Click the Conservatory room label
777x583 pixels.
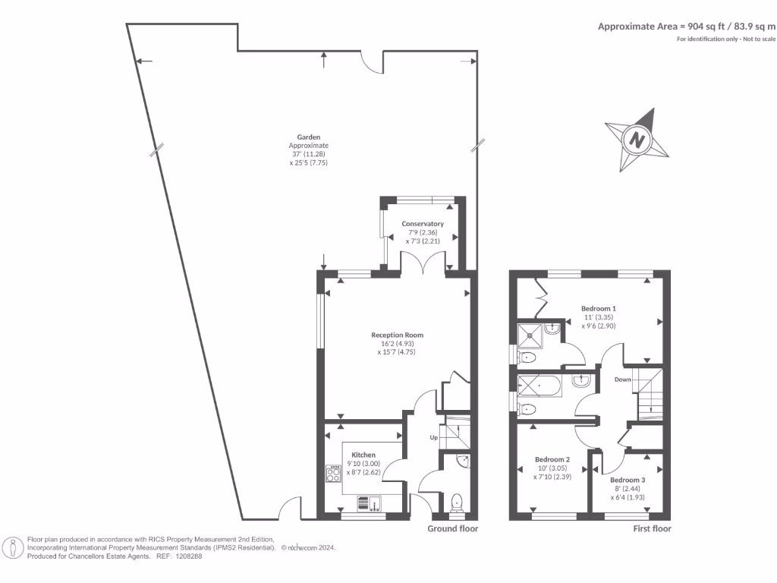(x=423, y=224)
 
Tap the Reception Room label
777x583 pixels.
(x=397, y=335)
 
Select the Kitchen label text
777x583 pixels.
(x=363, y=455)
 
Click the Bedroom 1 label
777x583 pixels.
(x=599, y=308)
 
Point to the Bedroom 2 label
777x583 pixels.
(x=552, y=459)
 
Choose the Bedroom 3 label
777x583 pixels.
(x=628, y=480)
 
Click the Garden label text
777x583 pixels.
(x=308, y=137)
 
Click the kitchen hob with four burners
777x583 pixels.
(x=333, y=474)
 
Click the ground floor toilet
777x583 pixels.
(x=456, y=502)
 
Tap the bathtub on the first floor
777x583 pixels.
(x=539, y=386)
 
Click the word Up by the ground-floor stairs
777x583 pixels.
(x=434, y=438)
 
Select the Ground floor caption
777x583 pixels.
(x=452, y=528)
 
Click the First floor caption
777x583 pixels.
(x=652, y=528)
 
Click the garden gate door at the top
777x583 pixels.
(x=372, y=63)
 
